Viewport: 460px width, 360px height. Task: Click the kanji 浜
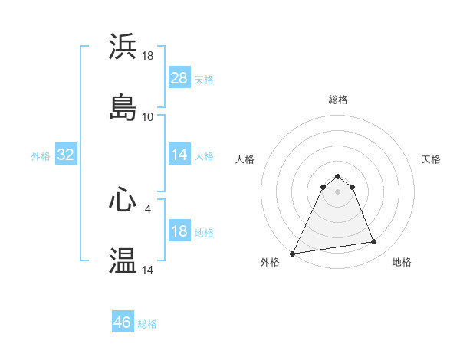click(x=123, y=47)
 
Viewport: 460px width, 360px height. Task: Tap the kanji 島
click(x=123, y=107)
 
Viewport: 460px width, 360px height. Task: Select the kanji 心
click(x=123, y=200)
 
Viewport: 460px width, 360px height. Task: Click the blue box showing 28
click(x=179, y=78)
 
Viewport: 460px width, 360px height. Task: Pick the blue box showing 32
click(x=66, y=155)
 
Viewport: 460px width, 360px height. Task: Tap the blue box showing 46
click(x=123, y=322)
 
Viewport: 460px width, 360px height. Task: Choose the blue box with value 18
click(x=179, y=232)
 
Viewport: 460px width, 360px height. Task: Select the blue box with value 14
click(x=179, y=155)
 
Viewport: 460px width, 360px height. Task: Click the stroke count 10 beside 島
click(x=148, y=117)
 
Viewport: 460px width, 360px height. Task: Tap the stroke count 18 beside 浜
click(x=148, y=56)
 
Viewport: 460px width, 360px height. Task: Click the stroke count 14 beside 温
click(x=148, y=270)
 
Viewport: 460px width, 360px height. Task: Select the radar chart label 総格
click(x=338, y=100)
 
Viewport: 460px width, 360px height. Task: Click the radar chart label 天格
click(x=432, y=159)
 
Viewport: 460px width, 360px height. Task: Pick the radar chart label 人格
click(x=245, y=159)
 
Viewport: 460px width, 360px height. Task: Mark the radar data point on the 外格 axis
click(x=293, y=253)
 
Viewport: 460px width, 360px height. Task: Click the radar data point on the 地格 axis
click(x=374, y=242)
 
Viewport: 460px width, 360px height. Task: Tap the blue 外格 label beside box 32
click(x=41, y=155)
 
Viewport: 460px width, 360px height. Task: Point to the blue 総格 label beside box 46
click(x=147, y=324)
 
